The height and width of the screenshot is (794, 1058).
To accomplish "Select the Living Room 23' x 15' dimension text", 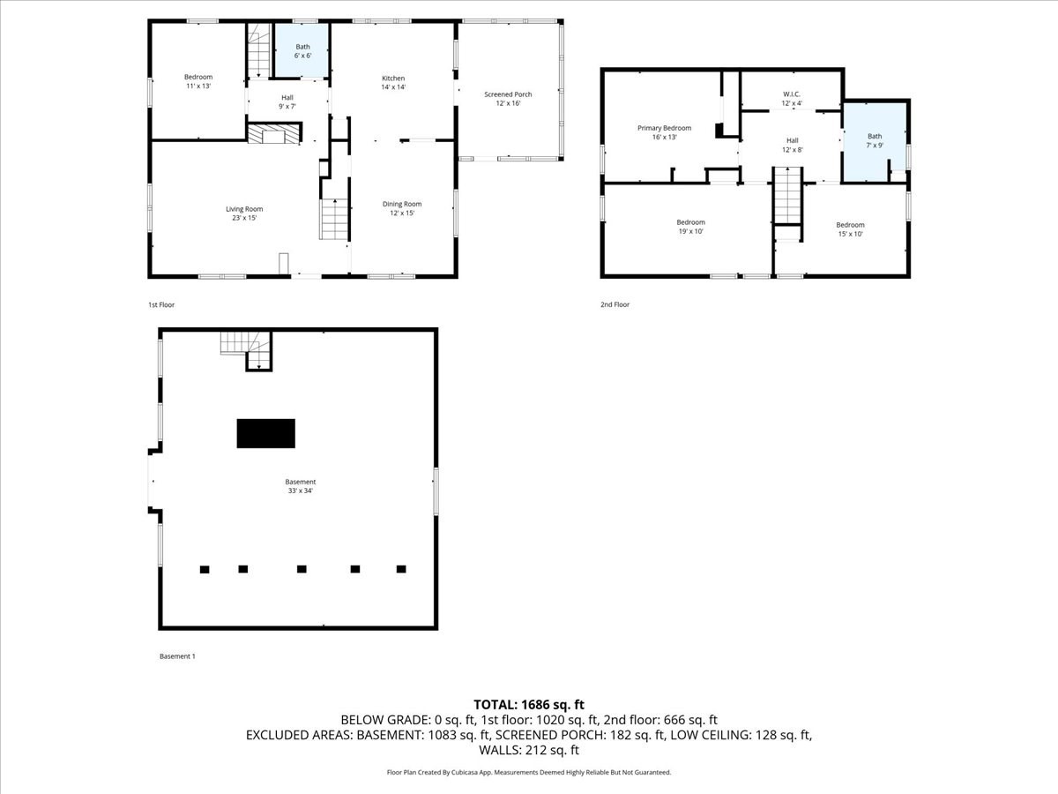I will coord(244,218).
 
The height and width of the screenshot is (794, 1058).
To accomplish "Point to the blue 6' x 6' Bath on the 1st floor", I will coord(302,51).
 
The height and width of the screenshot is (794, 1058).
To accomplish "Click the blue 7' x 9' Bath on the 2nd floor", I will coord(874,141).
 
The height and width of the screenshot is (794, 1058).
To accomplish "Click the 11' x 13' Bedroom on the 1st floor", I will coord(197,81).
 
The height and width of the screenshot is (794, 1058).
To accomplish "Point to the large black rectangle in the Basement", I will coord(265,433).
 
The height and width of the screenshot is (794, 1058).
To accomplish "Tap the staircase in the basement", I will coord(245,349).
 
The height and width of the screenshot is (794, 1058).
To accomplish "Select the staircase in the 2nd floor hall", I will coord(786,198).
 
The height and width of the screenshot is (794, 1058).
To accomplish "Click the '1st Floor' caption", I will coord(161,304).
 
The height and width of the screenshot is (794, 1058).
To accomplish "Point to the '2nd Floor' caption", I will coord(615,304).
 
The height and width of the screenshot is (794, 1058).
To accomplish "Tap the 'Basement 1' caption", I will coord(177,655).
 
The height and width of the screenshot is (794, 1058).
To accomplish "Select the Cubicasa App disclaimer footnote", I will coord(529,772).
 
